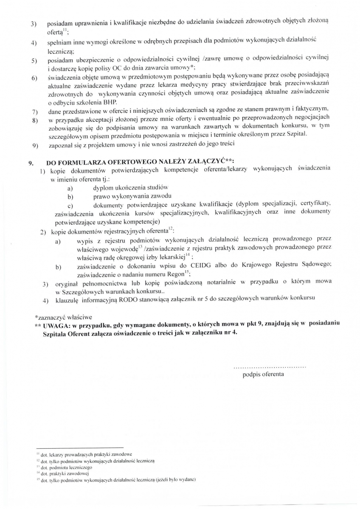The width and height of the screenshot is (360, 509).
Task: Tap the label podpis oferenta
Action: click(x=263, y=375)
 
